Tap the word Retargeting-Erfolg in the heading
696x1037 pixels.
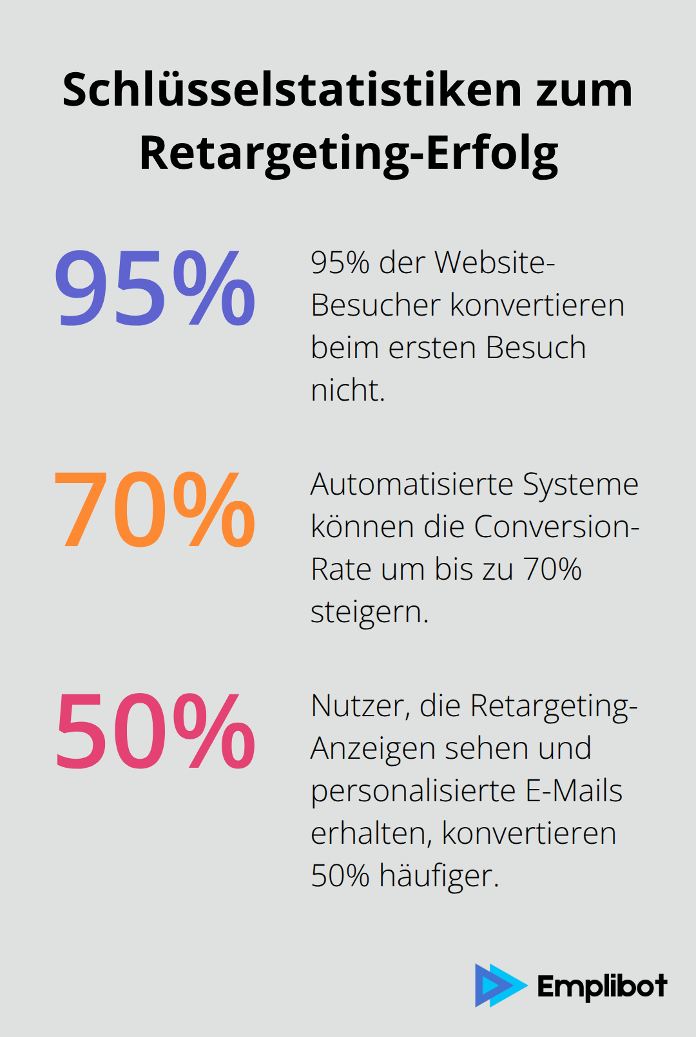point(349,153)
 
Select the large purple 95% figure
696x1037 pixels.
point(155,287)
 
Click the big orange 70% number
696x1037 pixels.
point(155,509)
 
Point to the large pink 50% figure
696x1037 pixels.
point(155,732)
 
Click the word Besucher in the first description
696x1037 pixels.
point(375,305)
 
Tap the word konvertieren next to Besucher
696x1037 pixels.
point(537,305)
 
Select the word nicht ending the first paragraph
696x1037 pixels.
point(347,390)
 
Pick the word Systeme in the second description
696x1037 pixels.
point(581,484)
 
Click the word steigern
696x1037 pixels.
point(369,612)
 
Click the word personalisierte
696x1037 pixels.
point(413,791)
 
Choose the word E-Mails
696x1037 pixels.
point(574,791)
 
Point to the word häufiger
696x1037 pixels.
point(439,876)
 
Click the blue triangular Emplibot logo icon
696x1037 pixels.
point(499,985)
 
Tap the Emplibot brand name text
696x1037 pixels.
point(602,986)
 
